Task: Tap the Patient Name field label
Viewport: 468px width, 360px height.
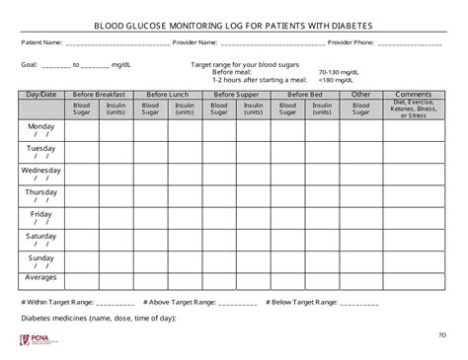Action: [x=41, y=42]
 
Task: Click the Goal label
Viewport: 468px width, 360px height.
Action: [x=29, y=65]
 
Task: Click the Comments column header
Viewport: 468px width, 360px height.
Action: [x=413, y=94]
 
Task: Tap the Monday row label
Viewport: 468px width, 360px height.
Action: [x=41, y=126]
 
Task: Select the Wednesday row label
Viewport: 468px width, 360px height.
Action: [x=41, y=170]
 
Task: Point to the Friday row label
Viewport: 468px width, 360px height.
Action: [x=41, y=213]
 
